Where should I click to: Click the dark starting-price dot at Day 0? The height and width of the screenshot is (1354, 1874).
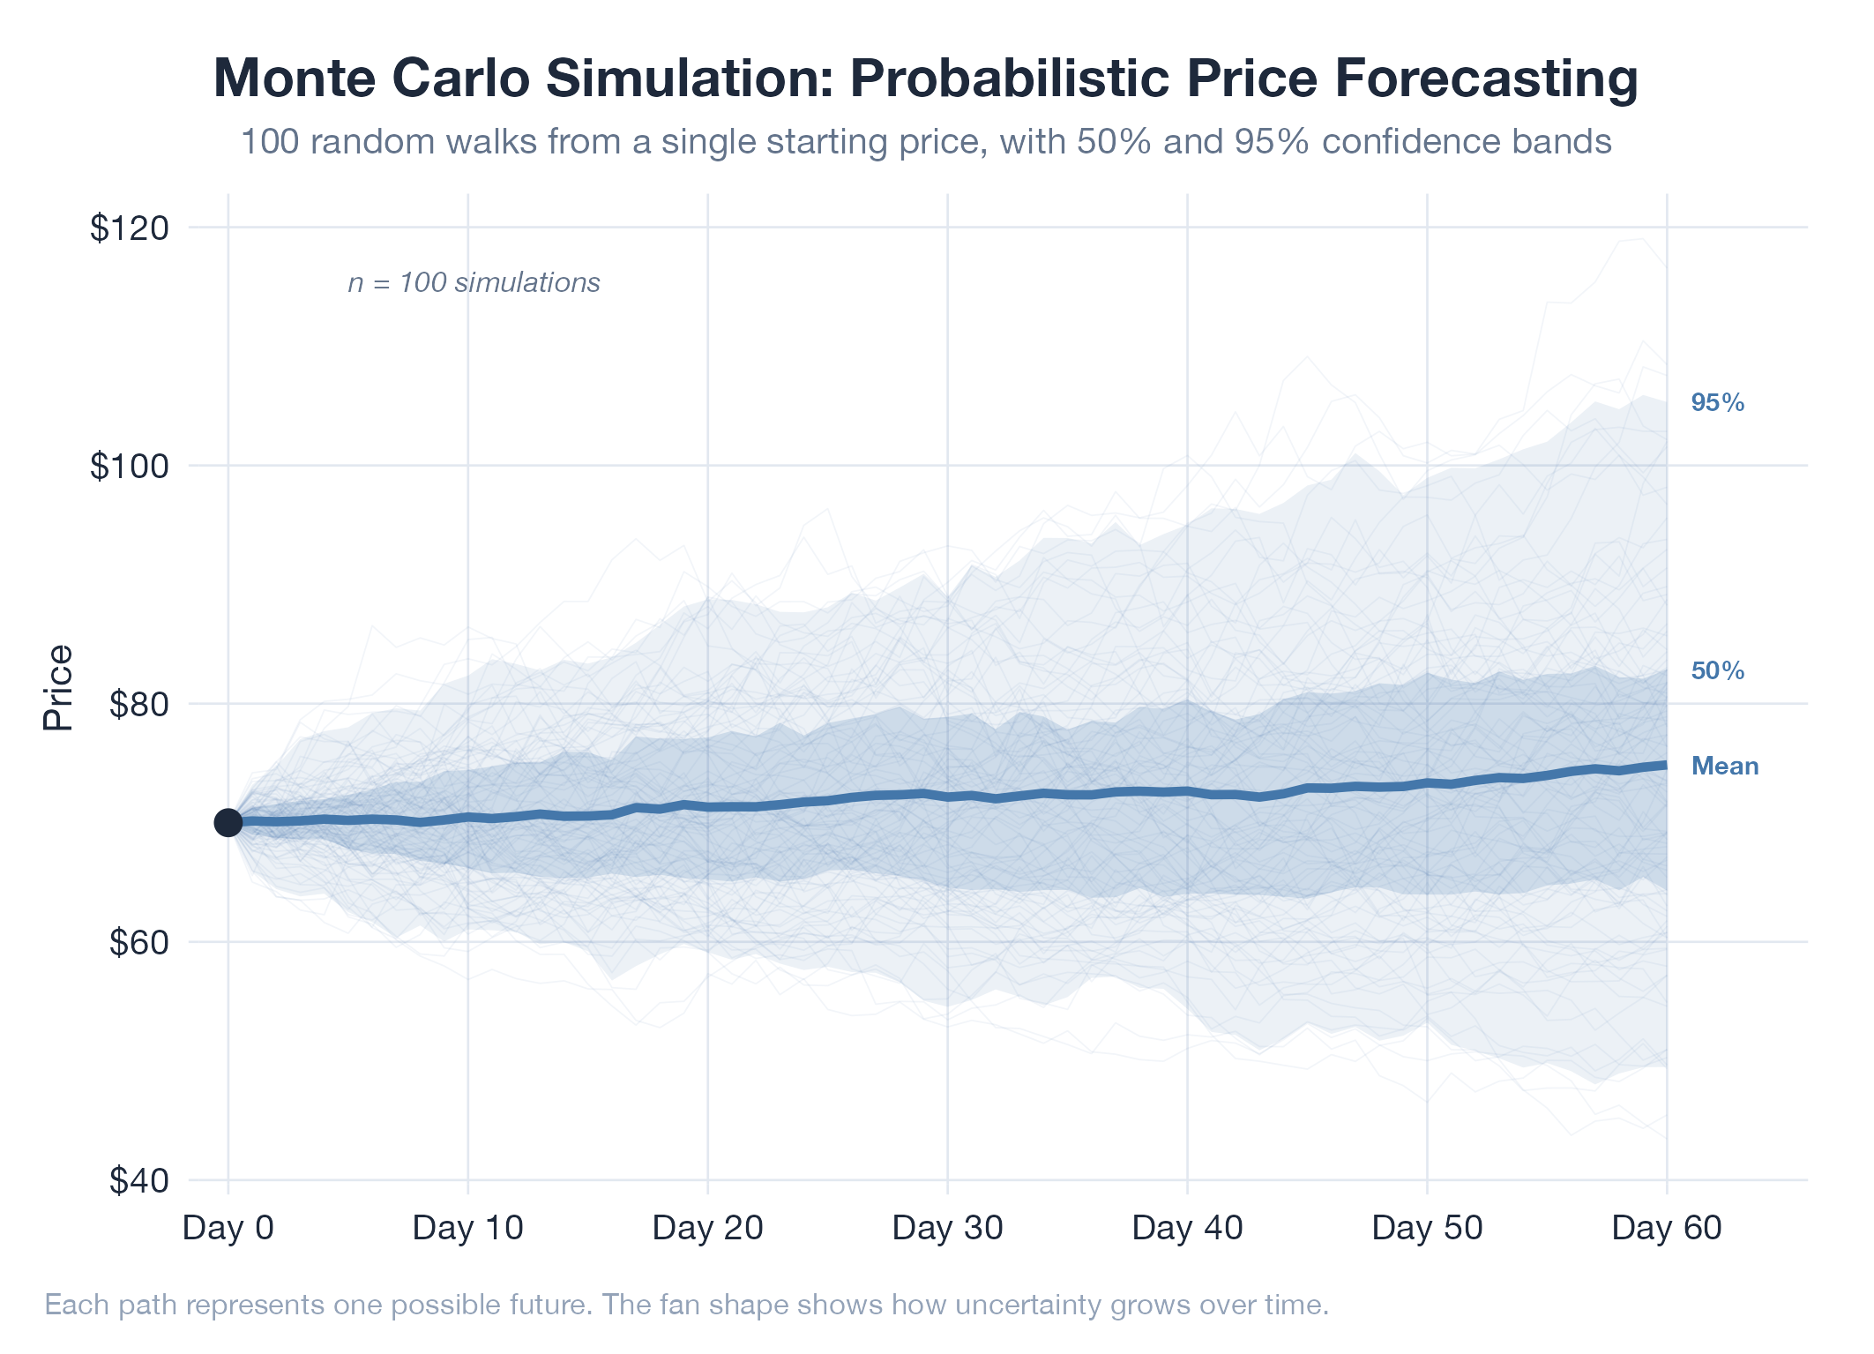pos(228,822)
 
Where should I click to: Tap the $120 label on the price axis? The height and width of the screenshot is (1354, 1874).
pos(129,228)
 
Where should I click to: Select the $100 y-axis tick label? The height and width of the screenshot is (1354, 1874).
pos(129,467)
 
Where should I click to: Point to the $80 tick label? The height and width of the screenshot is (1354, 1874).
pos(138,705)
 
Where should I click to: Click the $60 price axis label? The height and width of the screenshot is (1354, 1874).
pos(138,943)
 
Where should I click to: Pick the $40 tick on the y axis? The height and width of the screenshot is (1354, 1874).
pos(138,1181)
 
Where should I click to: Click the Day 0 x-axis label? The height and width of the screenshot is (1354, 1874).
pos(228,1228)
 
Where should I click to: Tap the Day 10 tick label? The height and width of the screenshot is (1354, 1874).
pos(468,1228)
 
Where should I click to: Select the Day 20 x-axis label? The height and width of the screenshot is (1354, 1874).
pos(708,1228)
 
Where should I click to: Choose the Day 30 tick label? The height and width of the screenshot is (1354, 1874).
pos(948,1228)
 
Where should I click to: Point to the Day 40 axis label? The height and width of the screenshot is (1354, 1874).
pos(1188,1228)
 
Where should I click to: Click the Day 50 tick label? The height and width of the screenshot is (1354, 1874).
pos(1428,1228)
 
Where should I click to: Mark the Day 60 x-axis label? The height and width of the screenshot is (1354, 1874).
pos(1667,1228)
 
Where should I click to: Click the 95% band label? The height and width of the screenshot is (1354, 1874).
pos(1718,403)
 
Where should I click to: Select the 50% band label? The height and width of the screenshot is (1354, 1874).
pos(1718,671)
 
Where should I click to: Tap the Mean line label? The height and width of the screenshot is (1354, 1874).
pos(1725,767)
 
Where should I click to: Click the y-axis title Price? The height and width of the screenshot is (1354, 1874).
pos(58,688)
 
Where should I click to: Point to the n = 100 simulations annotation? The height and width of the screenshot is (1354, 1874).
pos(474,283)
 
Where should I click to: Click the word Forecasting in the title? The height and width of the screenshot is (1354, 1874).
pos(1486,78)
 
